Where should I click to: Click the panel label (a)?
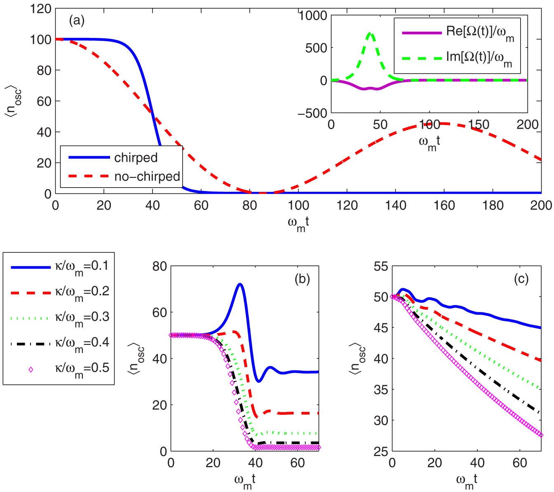coord(77,20)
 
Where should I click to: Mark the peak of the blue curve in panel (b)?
coord(239,284)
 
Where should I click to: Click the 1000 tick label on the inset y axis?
coord(313,16)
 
